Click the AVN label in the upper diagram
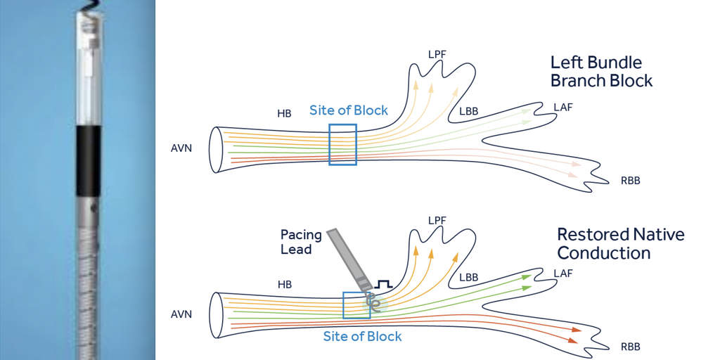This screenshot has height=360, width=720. point(181,149)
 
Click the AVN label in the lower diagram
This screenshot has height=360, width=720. point(181,315)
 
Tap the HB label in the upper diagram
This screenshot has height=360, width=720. point(284,112)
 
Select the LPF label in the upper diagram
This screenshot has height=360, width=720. point(437,53)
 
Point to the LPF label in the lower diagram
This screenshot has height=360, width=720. point(437,220)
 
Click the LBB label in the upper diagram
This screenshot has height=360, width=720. point(470,112)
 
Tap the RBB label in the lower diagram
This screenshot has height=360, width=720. point(630,347)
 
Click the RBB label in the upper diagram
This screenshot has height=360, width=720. point(630,181)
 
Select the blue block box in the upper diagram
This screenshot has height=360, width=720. point(342,145)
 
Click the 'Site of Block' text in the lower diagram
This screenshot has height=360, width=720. point(362,336)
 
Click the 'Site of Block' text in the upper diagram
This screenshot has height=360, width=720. point(349,110)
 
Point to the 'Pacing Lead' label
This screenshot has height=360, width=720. point(301,241)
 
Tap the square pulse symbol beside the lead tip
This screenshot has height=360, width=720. point(383,285)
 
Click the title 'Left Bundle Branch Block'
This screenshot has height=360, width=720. point(601,71)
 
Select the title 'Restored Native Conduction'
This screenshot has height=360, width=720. point(620,243)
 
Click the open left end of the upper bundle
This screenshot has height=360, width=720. point(217,150)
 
